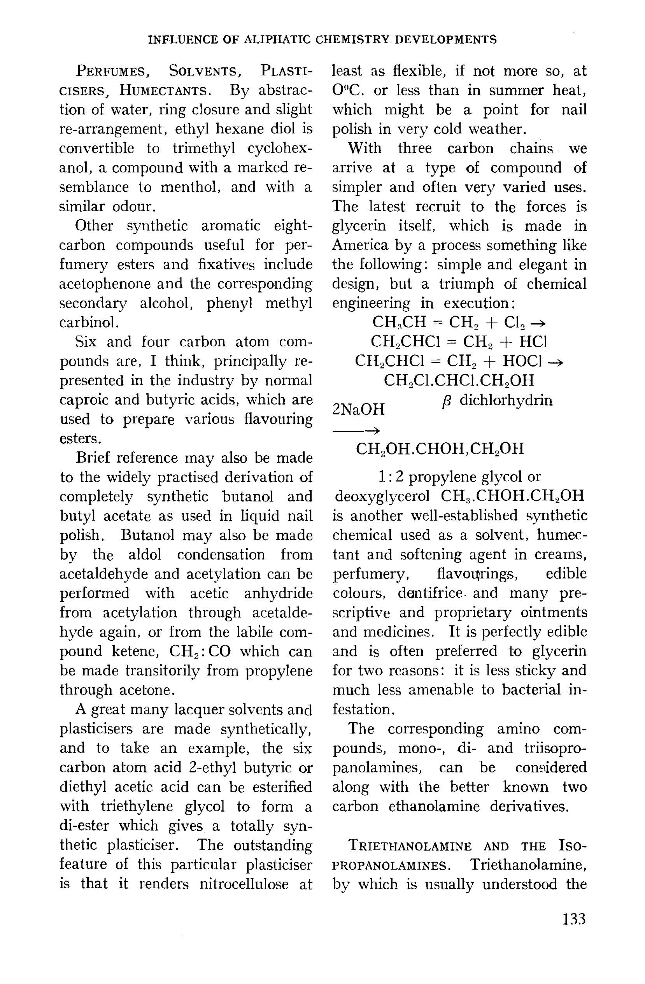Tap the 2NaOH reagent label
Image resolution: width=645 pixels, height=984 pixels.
358,409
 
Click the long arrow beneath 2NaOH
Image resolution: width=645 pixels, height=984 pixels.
356,431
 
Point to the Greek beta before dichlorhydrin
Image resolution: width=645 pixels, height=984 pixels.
446,401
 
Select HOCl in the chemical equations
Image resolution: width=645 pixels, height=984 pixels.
522,361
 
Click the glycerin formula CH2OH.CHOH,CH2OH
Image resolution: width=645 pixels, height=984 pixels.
440,449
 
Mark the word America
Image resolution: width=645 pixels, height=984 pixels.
360,245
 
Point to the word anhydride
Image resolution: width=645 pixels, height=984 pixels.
278,593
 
